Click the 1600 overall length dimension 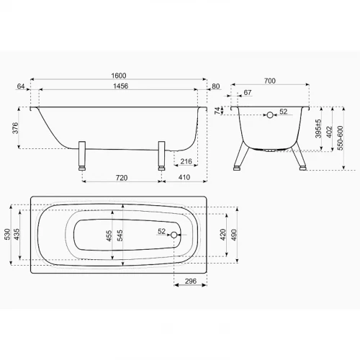click(119, 76)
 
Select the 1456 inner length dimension click(120, 86)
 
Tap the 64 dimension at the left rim click(21, 86)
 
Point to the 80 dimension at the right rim click(216, 86)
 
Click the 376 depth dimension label click(15, 128)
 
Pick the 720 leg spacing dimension click(122, 178)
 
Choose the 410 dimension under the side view click(184, 177)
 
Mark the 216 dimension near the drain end click(186, 161)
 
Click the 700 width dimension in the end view click(270, 81)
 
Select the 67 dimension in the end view click(247, 92)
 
